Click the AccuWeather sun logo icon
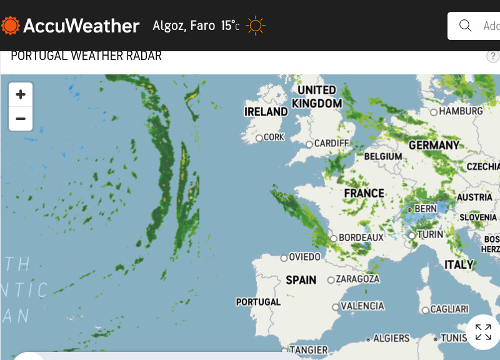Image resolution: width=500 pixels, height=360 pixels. (10, 26)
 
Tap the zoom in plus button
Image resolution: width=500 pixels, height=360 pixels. (21, 94)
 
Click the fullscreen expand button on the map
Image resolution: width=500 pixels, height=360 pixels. (482, 332)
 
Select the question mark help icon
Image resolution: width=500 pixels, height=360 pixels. (493, 56)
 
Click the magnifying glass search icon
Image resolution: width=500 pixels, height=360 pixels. (465, 26)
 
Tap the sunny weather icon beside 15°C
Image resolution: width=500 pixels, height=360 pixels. (256, 26)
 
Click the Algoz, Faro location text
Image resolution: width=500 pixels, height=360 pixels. (184, 26)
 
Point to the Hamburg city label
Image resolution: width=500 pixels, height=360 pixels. (461, 111)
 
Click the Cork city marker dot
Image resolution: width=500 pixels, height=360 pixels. (259, 137)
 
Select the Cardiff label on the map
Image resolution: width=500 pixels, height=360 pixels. (331, 143)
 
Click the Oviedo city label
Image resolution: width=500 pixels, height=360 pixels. (304, 257)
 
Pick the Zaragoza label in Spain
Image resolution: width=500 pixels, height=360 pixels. (357, 279)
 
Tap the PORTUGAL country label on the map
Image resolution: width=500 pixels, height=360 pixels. (258, 302)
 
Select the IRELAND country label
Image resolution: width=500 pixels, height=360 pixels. (266, 112)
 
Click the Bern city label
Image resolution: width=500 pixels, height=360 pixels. (426, 208)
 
